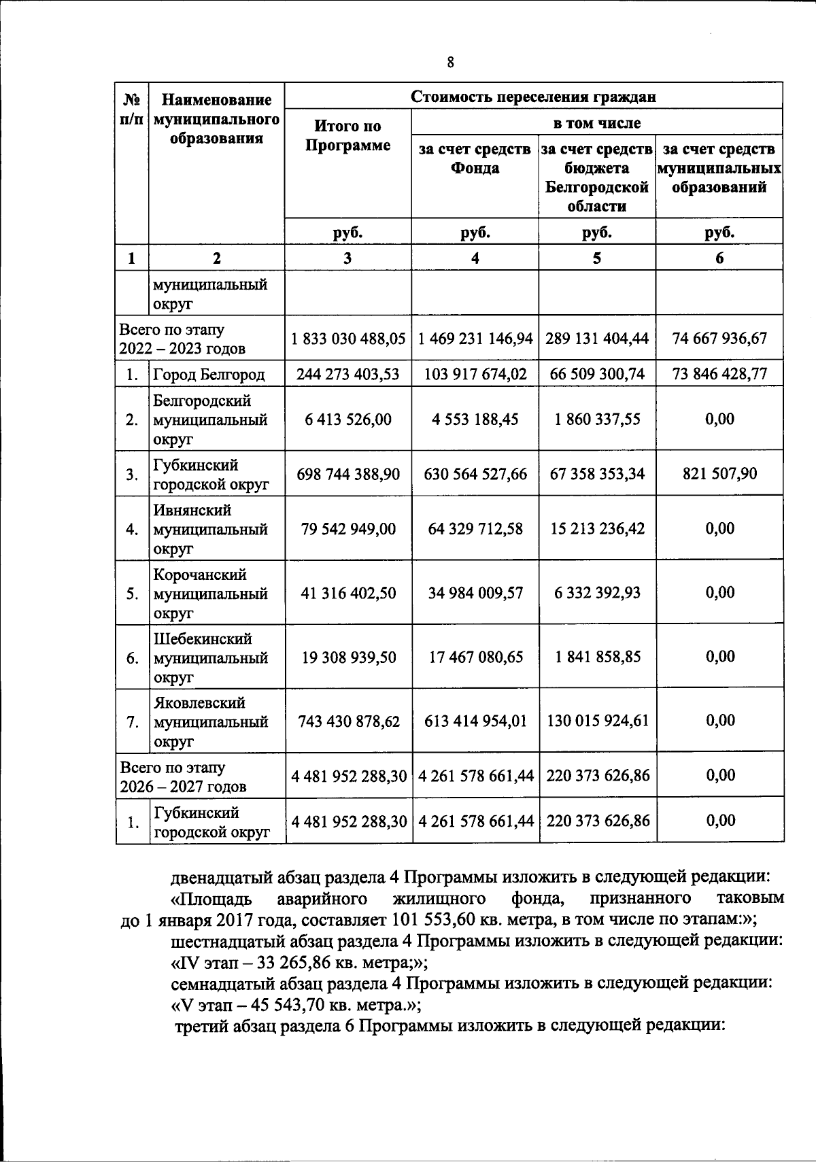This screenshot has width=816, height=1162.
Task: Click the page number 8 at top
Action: tap(450, 63)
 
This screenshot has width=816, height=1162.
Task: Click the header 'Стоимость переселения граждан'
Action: tap(533, 96)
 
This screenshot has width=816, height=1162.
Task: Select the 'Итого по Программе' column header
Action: tap(347, 135)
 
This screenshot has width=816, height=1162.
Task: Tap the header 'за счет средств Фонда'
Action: tap(475, 158)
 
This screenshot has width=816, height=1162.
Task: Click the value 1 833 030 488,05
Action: tap(348, 338)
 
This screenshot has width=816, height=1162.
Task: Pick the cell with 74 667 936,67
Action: tap(719, 338)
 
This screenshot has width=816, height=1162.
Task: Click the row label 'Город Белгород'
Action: tap(208, 374)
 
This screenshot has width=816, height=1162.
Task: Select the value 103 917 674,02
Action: tap(475, 373)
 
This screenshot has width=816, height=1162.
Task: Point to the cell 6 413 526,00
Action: tap(348, 420)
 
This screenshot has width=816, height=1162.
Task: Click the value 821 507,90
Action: tap(719, 474)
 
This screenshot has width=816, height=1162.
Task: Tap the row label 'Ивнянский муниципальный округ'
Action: tap(209, 529)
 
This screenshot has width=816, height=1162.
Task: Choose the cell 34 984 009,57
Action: tap(475, 593)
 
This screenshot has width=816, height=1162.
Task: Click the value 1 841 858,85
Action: tap(596, 657)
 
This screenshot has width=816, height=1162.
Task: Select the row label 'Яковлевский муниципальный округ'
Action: tap(209, 721)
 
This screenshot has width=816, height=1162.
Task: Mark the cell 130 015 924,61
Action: tap(596, 721)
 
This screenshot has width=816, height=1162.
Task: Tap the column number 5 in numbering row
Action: tap(596, 258)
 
